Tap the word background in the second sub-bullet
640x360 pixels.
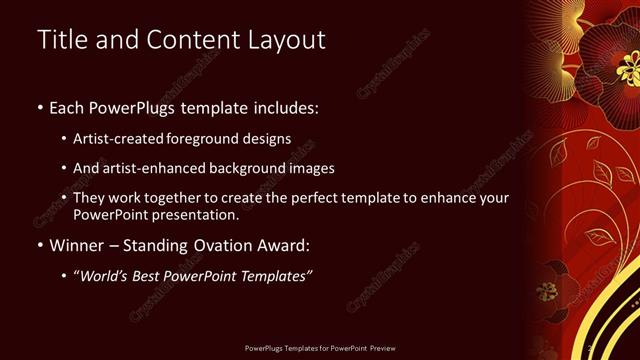coord(253,168)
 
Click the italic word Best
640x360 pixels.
coord(152,275)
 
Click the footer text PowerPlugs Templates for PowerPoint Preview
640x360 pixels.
coord(320,349)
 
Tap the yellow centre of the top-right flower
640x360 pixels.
coord(628,67)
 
